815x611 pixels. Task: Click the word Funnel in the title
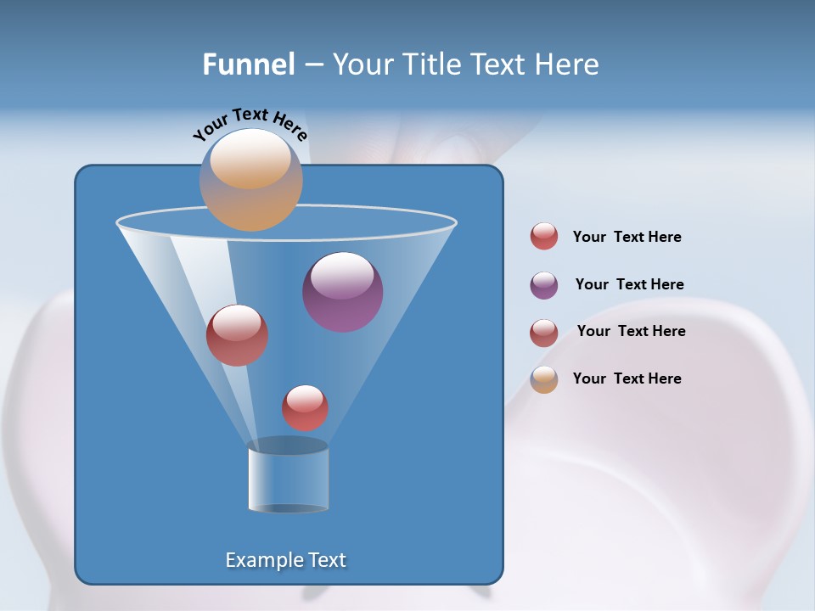coord(248,64)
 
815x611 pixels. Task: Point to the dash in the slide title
coord(312,65)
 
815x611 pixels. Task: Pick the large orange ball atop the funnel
coord(250,180)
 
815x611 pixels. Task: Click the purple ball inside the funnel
coord(342,292)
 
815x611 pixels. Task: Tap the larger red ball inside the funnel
coord(237,335)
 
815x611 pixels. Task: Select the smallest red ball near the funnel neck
coord(305,407)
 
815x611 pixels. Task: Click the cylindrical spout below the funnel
coord(288,477)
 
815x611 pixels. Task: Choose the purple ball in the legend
coord(544,285)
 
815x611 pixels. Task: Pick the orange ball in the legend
coord(544,379)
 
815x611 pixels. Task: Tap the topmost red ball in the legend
coord(544,237)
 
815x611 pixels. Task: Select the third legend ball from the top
coord(544,333)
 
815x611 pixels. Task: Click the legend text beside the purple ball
coord(629,284)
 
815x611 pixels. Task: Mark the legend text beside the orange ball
coord(627,378)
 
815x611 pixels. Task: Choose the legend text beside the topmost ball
coord(627,237)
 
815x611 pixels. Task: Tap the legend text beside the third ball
coord(631,331)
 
